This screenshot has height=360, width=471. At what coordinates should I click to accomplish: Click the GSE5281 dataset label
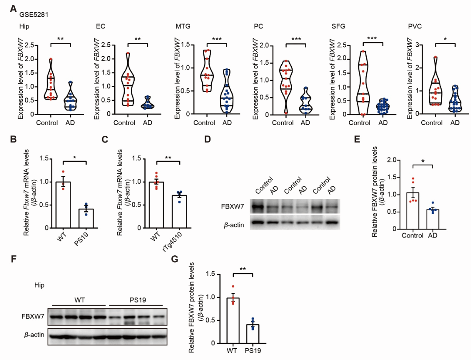34,14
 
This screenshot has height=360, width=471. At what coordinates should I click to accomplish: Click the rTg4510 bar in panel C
178,211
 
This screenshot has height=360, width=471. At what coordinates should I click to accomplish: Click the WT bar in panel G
233,320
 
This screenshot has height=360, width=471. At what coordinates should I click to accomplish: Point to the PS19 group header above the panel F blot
135,299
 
